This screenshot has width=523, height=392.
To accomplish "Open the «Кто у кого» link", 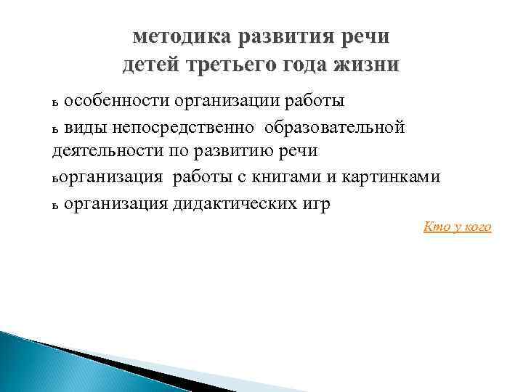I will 457,228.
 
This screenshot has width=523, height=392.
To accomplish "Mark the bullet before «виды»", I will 55,129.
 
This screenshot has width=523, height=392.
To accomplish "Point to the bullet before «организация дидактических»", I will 55,205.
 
